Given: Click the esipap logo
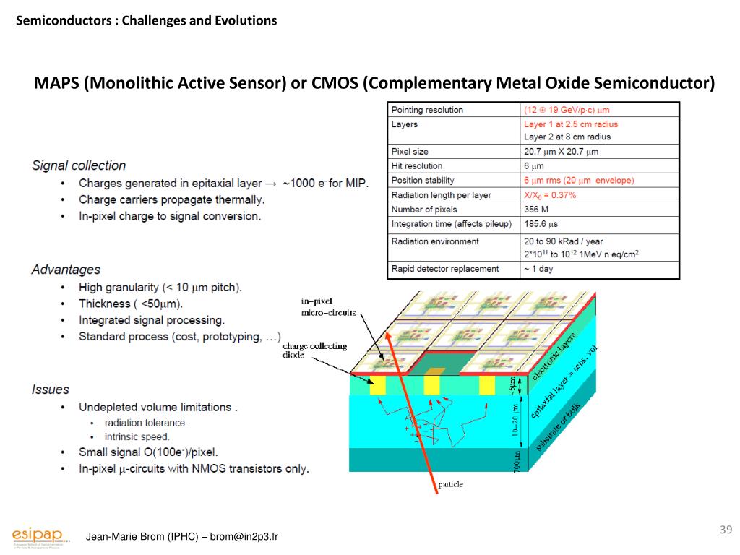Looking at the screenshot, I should [40, 535].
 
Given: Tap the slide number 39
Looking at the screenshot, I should [726, 531].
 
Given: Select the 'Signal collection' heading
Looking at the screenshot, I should [79, 165].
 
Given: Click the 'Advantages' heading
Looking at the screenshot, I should [66, 270].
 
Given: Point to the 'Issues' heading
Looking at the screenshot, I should [51, 390].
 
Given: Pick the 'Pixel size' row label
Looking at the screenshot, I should [410, 152].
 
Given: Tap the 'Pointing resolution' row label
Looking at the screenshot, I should [427, 110].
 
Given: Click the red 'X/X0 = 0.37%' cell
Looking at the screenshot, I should [549, 195].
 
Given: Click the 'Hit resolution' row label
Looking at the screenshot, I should [417, 166].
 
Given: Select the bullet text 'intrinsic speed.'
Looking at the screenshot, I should [137, 436].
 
